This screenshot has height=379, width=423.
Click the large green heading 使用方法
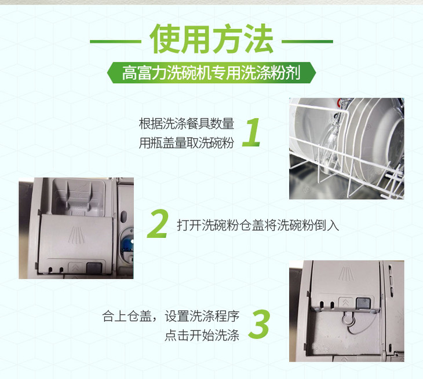[x=211, y=39]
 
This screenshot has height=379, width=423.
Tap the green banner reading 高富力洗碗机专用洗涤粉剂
[x=211, y=72]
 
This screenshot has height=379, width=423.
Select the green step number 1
[x=251, y=133]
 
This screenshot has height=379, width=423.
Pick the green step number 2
[x=158, y=224]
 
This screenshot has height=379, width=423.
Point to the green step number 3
[x=259, y=324]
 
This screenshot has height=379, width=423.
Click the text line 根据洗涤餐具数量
[x=187, y=124]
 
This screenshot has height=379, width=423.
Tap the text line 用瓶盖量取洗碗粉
[x=187, y=143]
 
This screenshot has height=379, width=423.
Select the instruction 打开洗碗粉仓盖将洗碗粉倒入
[x=258, y=225]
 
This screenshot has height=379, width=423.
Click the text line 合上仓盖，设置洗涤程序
[x=171, y=316]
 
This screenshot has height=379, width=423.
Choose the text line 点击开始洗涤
[x=202, y=336]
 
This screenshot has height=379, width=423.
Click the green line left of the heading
[x=116, y=42]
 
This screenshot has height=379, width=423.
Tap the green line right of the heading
[x=307, y=42]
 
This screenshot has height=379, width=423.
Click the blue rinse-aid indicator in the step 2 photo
[x=127, y=244]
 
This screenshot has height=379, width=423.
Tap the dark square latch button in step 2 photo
[x=94, y=268]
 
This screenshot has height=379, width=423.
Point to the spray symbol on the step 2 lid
[x=76, y=235]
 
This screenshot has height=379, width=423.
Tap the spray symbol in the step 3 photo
[x=346, y=274]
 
